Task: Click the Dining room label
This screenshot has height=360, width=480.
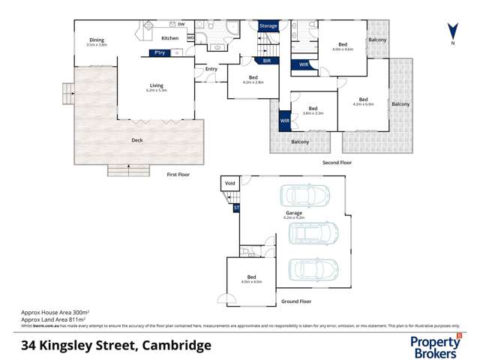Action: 97,40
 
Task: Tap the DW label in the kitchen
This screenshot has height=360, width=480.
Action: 181,25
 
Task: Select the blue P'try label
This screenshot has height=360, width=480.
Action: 159,52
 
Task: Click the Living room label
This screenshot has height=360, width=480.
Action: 157,85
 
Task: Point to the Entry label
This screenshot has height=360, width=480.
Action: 211,70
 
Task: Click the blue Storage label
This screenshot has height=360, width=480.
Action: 268,25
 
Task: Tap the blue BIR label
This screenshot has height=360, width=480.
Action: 266,60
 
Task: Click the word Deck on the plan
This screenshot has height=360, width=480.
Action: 136,140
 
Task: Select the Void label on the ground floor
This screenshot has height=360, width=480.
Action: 230,182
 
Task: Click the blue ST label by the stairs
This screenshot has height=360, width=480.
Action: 237,207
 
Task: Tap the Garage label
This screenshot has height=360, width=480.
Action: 293,213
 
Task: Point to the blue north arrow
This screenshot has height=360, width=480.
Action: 451,32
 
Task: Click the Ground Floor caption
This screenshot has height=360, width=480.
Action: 296,301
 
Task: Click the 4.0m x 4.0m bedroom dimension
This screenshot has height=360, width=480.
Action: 252,282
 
